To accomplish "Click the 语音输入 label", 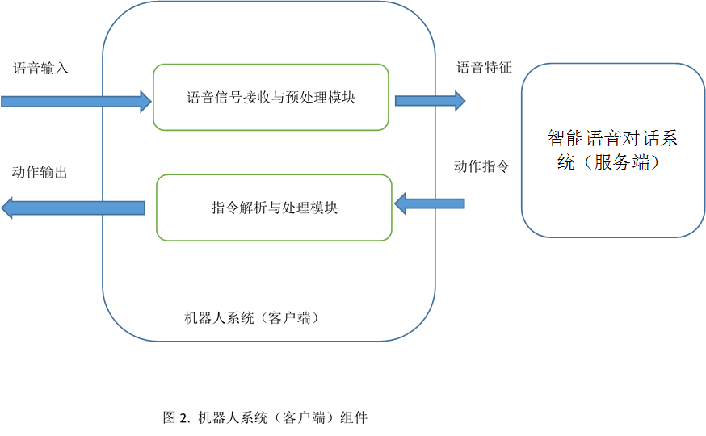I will (x=40, y=69).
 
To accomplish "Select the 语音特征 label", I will (x=484, y=68).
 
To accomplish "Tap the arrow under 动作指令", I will (x=429, y=203).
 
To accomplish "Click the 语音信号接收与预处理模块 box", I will (x=271, y=98).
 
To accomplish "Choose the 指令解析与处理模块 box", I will (x=274, y=208).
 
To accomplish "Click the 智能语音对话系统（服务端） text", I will (x=612, y=150).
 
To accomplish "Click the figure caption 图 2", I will (x=176, y=418).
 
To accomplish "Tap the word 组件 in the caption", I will (x=354, y=418).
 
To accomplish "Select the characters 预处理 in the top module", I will (x=306, y=98).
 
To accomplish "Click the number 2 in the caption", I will (x=185, y=418).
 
